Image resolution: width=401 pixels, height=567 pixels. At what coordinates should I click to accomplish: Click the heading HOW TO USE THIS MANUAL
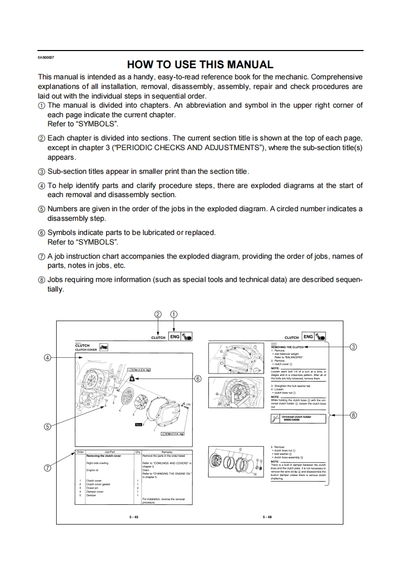[x=200, y=65]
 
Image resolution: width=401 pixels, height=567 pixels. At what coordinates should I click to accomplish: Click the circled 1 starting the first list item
[x=42, y=106]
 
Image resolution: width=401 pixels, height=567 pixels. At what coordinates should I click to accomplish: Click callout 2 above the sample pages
[x=158, y=314]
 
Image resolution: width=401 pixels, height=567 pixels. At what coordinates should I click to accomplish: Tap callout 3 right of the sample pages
[x=353, y=347]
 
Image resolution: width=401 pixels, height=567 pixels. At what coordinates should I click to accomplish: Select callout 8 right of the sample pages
[x=353, y=415]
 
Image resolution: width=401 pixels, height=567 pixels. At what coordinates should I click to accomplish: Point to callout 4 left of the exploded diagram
[x=48, y=358]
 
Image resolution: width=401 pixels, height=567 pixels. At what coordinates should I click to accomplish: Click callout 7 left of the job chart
[x=48, y=467]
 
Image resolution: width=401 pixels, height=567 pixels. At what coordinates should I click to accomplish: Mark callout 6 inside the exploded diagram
[x=198, y=378]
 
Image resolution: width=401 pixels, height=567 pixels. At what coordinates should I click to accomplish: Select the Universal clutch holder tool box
[x=298, y=418]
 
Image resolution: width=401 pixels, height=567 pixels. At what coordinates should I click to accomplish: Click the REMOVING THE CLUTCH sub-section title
[x=287, y=347]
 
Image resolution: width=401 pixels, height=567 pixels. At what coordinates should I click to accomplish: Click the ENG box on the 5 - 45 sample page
[x=174, y=337]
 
